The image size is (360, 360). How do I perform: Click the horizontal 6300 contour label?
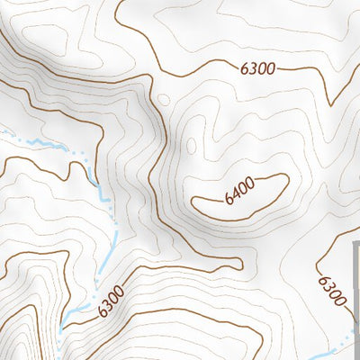(x=257, y=69)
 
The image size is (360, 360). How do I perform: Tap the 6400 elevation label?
(x=241, y=190)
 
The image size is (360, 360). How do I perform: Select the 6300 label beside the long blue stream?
(x=109, y=301)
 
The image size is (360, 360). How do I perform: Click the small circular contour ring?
(x=164, y=100)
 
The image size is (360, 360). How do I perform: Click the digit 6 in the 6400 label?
(x=229, y=199)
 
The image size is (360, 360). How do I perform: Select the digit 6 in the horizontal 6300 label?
(x=245, y=69)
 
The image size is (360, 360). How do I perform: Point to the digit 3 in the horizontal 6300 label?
(x=253, y=69)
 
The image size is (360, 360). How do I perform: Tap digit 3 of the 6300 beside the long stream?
(x=104, y=305)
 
